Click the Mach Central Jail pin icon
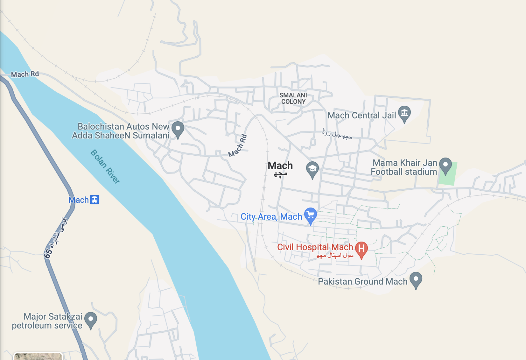tap(404, 114)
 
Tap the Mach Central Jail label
tap(362, 116)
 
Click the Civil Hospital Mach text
tap(315, 247)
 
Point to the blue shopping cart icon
tap(310, 215)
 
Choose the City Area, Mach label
tap(271, 217)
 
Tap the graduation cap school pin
tap(312, 169)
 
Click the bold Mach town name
tap(280, 166)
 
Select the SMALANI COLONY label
tap(293, 98)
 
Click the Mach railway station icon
tap(95, 200)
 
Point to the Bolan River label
tap(105, 166)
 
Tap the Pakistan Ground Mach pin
tap(416, 280)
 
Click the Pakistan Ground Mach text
tap(363, 282)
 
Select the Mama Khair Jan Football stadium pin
tap(445, 165)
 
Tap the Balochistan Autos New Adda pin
tap(178, 129)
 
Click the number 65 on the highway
tap(48, 253)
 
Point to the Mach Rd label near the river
tap(25, 74)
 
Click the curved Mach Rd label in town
tap(238, 146)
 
